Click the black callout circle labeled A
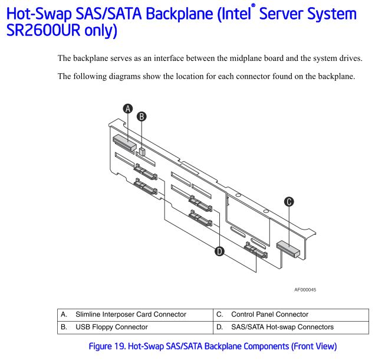(128, 109)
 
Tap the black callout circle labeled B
(142, 117)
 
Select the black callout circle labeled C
(289, 202)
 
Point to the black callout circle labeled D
(219, 251)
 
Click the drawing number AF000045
(305, 290)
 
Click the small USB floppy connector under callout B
(142, 152)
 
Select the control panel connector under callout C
(288, 249)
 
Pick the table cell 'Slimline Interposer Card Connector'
(131, 315)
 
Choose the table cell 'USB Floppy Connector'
(111, 327)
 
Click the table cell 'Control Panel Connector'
(269, 315)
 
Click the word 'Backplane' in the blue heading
(179, 14)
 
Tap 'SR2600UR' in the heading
(43, 30)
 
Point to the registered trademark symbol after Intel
(253, 5)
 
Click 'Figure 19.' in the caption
(107, 346)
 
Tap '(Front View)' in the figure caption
(314, 346)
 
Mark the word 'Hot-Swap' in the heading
(39, 15)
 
